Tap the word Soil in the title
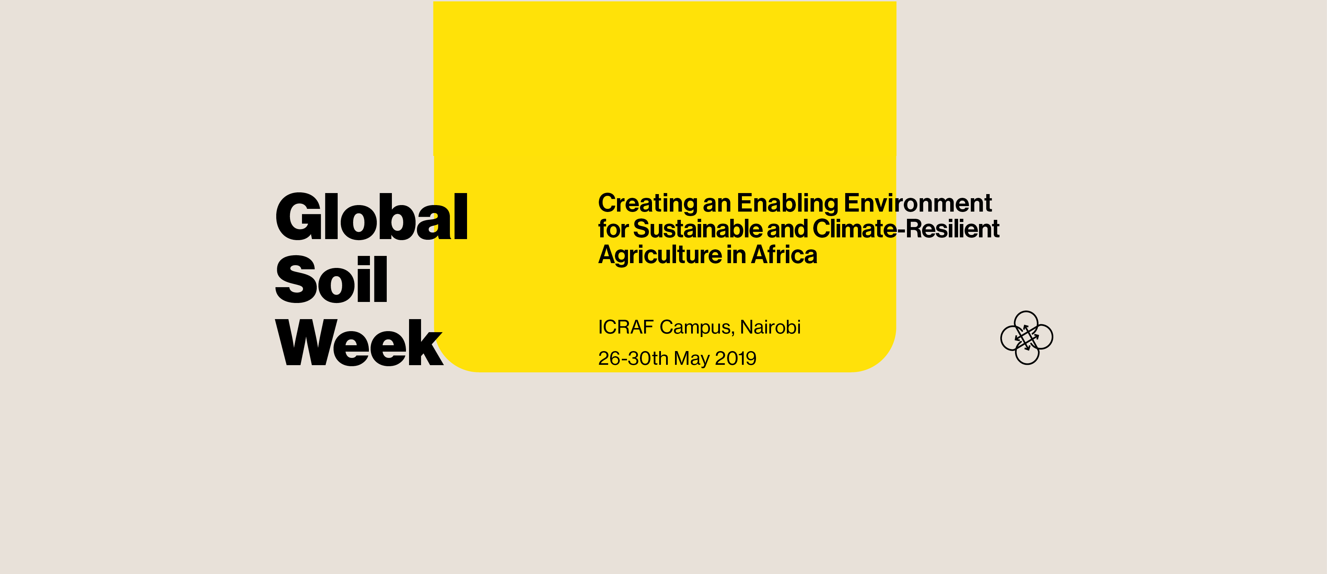coord(331,280)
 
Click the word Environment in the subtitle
coord(918,203)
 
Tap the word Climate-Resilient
coord(906,229)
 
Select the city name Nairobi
coord(770,327)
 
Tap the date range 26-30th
coord(633,358)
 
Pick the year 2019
coord(736,358)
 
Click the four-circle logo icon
coord(1027,338)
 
